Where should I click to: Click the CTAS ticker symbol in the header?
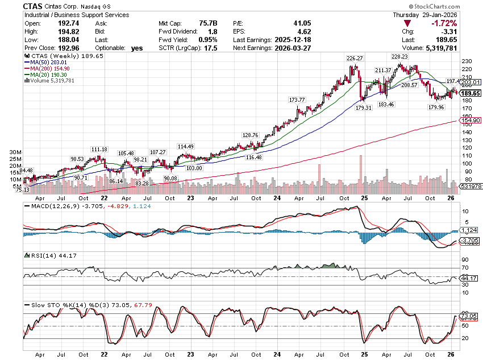(x=35, y=6)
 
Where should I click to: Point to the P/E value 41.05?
(x=270, y=23)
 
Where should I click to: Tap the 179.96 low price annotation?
(x=436, y=107)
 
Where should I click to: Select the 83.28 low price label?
(x=142, y=183)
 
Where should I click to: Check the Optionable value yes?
(x=137, y=48)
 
